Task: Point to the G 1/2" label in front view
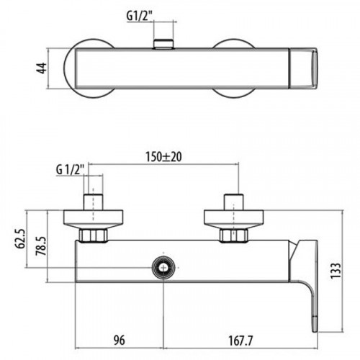tap(70, 170)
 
